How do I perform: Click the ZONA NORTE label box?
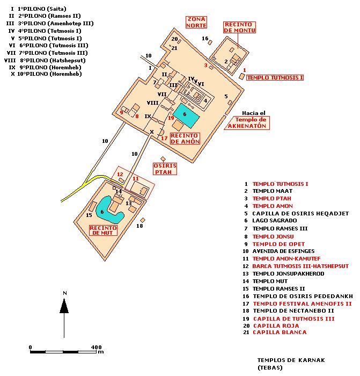pyautogui.click(x=196, y=22)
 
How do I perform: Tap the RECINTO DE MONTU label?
pyautogui.click(x=239, y=27)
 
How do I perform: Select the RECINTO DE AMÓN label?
pyautogui.click(x=185, y=139)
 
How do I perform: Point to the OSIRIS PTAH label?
pyautogui.click(x=165, y=169)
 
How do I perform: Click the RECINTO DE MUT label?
pyautogui.click(x=102, y=230)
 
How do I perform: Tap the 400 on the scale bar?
pyautogui.click(x=97, y=347)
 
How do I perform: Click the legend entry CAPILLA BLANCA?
pyautogui.click(x=280, y=332)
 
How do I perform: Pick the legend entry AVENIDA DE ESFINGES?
pyautogui.click(x=284, y=251)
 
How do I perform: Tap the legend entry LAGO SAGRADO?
pyautogui.click(x=274, y=221)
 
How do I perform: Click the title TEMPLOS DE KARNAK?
pyautogui.click(x=291, y=360)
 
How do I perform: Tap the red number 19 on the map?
pyautogui.click(x=171, y=118)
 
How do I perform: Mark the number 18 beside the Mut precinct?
pyautogui.click(x=139, y=226)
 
